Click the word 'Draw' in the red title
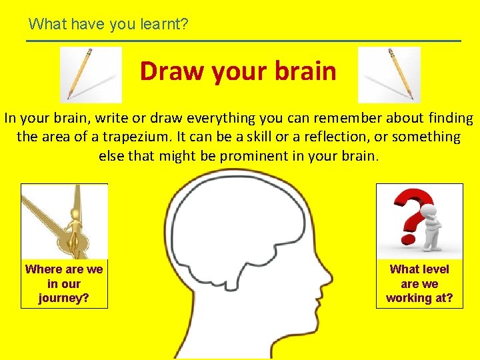(x=170, y=71)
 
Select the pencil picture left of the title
(x=91, y=74)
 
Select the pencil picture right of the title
(x=389, y=74)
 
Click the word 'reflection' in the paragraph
(x=339, y=137)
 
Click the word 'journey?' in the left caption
(x=64, y=298)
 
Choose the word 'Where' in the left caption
(x=45, y=269)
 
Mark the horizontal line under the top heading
(x=243, y=41)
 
